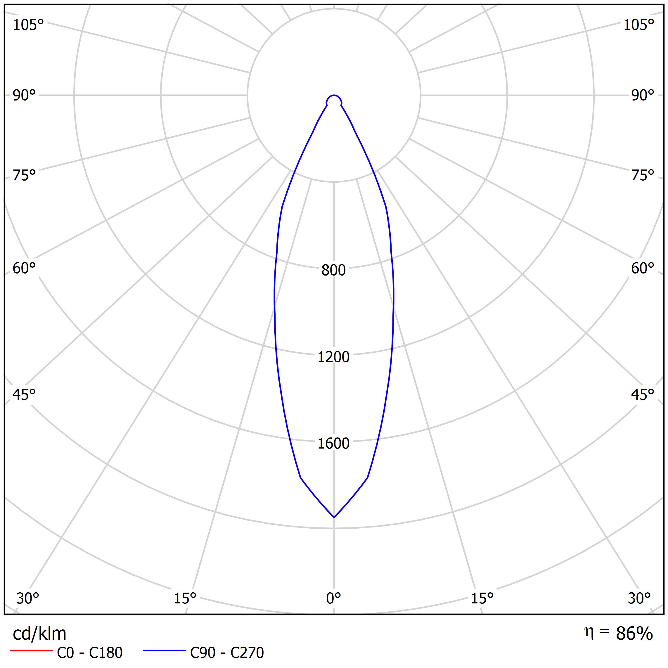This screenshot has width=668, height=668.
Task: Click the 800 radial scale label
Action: click(333, 270)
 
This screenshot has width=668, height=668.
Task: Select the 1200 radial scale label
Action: click(333, 357)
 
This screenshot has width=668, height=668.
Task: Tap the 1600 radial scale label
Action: click(333, 444)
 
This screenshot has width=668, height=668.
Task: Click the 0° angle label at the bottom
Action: click(333, 598)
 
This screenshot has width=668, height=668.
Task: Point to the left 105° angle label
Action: click(28, 25)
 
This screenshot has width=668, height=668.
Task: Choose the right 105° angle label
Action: click(638, 25)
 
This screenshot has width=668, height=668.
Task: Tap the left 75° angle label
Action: click(24, 176)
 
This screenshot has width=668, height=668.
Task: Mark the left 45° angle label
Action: click(24, 394)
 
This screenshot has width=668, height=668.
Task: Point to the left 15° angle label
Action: click(185, 598)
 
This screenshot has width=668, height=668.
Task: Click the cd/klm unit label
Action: click(39, 634)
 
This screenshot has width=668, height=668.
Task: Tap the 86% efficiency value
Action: click(634, 634)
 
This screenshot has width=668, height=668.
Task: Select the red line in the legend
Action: click(31, 651)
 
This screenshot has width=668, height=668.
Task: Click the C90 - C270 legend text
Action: click(227, 653)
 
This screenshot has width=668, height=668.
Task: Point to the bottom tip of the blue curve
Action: click(334, 517)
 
